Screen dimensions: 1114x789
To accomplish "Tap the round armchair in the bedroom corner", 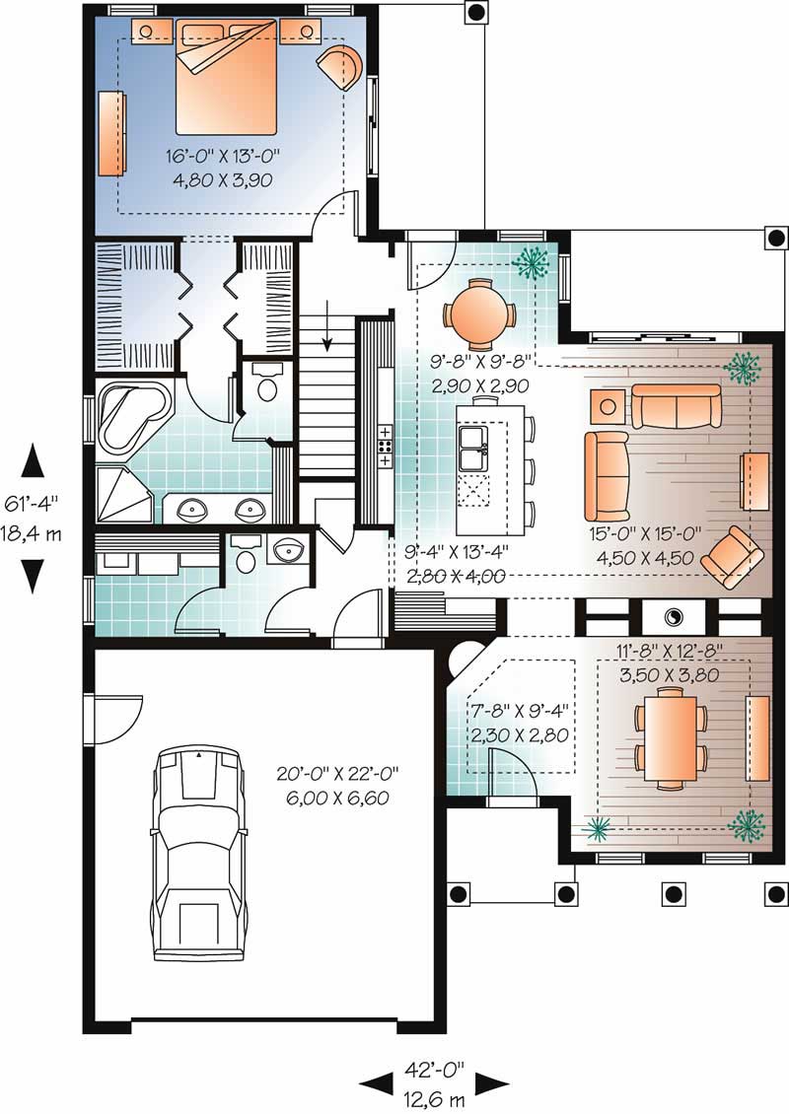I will pos(338,67).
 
